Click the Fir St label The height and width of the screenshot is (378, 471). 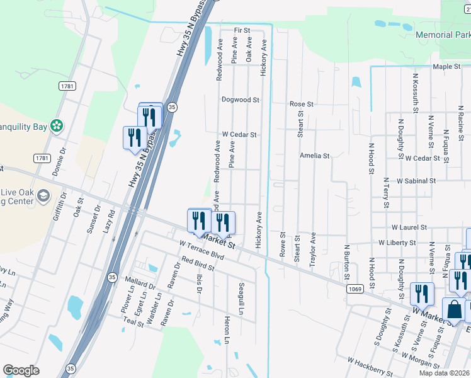click(x=242, y=30)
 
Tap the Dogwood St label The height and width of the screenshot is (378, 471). click(x=241, y=100)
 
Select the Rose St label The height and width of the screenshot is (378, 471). click(x=301, y=104)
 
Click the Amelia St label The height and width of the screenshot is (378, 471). click(x=314, y=156)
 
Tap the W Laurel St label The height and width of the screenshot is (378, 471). click(x=409, y=227)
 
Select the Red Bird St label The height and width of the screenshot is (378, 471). click(x=198, y=263)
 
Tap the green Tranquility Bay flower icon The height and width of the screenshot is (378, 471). click(x=57, y=126)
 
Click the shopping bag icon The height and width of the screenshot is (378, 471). click(x=455, y=310)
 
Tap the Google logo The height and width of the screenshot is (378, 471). click(x=21, y=370)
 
